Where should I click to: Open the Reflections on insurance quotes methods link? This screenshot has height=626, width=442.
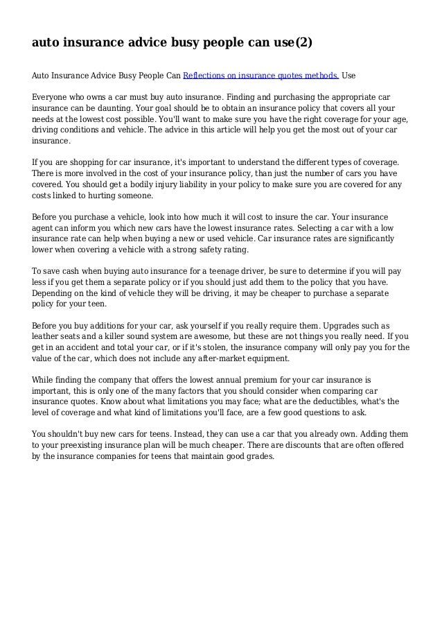pyautogui.click(x=260, y=74)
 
